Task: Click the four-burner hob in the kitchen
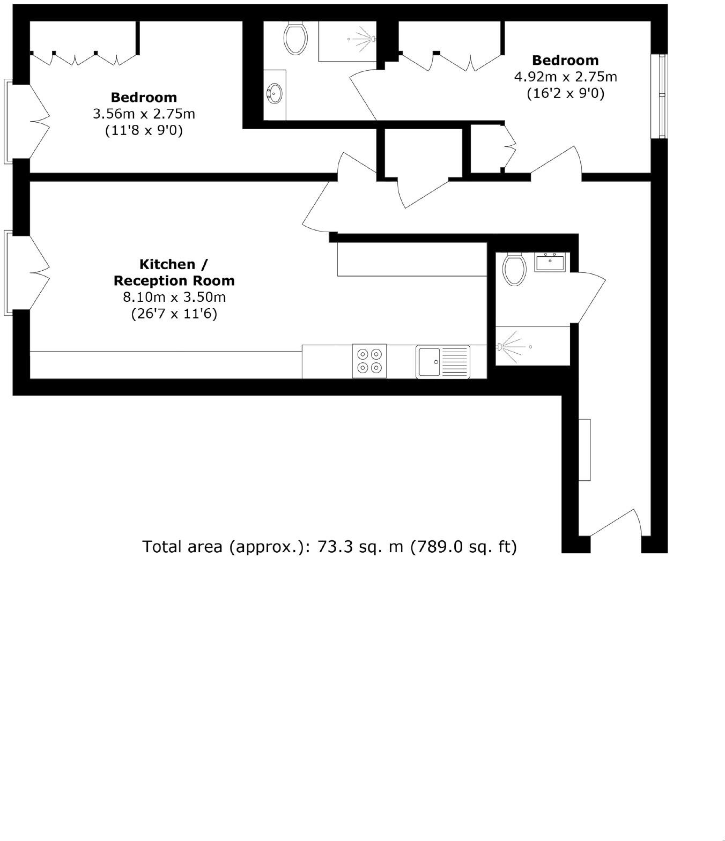pyautogui.click(x=369, y=361)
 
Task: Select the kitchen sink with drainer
pyautogui.click(x=442, y=361)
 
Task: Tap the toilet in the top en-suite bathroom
pyautogui.click(x=295, y=38)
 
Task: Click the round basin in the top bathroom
pyautogui.click(x=275, y=93)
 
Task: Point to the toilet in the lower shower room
pyautogui.click(x=514, y=270)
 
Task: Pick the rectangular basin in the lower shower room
pyautogui.click(x=550, y=263)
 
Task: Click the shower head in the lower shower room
pyautogui.click(x=501, y=347)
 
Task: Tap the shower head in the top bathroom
pyautogui.click(x=372, y=39)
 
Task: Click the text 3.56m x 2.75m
pyautogui.click(x=144, y=114)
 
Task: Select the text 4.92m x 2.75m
pyautogui.click(x=565, y=77)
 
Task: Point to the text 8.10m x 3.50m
pyautogui.click(x=174, y=297)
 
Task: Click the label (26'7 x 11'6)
pyautogui.click(x=174, y=314)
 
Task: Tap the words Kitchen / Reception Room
pyautogui.click(x=174, y=272)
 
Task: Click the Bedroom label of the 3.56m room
pyautogui.click(x=144, y=98)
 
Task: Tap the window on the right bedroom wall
pyautogui.click(x=663, y=96)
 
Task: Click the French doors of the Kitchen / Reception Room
pyautogui.click(x=27, y=271)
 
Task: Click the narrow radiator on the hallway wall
pyautogui.click(x=585, y=450)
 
